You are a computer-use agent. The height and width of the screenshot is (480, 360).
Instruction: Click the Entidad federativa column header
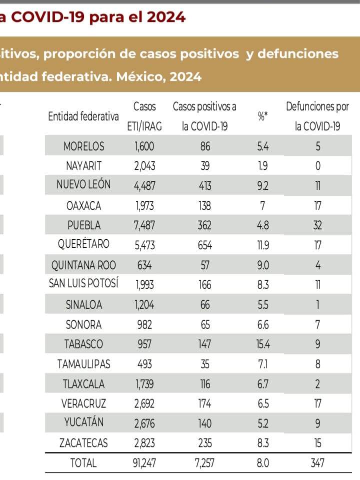[x=83, y=116]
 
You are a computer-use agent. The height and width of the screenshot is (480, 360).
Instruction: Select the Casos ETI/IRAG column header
[x=144, y=116]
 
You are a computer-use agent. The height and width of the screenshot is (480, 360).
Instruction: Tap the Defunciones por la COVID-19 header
[x=317, y=116]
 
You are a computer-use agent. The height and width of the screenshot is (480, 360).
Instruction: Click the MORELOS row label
[x=84, y=146]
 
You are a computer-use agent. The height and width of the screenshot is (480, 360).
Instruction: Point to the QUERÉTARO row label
[x=84, y=245]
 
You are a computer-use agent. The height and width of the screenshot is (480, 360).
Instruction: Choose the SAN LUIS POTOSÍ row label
[x=83, y=284]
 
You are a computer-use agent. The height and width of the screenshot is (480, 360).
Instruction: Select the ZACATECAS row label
[x=84, y=443]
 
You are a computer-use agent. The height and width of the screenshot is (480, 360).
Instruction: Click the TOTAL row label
[x=84, y=463]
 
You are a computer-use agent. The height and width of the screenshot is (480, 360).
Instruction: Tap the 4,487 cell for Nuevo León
[x=144, y=185]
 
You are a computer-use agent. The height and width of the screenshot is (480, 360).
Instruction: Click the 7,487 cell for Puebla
[x=144, y=225]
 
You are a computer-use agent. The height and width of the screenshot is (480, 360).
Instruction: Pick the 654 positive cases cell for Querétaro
[x=205, y=245]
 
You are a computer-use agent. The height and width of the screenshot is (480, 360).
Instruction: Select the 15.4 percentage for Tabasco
[x=263, y=344]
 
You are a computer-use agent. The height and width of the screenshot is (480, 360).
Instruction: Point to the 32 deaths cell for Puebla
[x=317, y=225]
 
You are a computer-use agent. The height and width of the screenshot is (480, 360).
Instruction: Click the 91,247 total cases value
[x=144, y=463]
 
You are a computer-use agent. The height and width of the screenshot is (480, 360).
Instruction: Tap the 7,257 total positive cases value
[x=205, y=463]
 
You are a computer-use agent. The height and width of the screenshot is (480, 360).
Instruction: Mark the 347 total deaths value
[x=317, y=463]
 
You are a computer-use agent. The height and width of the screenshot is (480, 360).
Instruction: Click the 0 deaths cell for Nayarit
[x=317, y=166]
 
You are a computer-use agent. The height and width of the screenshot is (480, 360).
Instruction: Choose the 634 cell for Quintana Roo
[x=144, y=265]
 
